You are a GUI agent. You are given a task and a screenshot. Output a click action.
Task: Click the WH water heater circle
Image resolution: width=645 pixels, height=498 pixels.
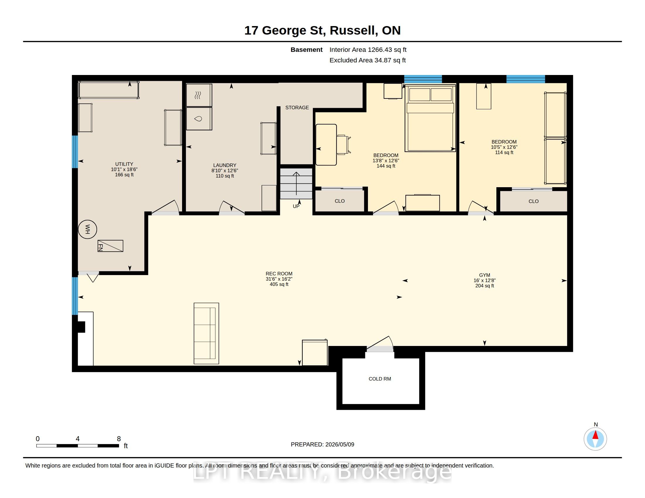tap(87, 229)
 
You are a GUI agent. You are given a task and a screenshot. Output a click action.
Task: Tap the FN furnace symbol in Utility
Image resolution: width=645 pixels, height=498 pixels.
tap(111, 246)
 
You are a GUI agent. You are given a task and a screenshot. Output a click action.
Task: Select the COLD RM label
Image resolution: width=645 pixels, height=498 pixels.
tap(380, 379)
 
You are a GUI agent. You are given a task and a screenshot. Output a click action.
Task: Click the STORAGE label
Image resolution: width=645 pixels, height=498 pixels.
tap(297, 108)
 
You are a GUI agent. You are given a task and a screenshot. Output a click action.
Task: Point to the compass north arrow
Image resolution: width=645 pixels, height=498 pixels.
tap(595, 435)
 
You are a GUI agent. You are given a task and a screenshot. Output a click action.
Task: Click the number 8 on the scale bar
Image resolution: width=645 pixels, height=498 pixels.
tap(119, 439)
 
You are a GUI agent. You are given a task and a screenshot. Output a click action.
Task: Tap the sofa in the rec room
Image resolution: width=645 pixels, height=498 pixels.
tap(206, 333)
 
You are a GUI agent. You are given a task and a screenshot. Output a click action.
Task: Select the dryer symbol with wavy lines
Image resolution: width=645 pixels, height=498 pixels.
tap(199, 95)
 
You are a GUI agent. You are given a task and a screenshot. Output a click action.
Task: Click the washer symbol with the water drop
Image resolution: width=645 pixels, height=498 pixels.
tap(199, 119)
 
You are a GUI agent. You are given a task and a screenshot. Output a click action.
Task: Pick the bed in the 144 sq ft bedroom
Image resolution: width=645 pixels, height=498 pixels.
tap(430, 118)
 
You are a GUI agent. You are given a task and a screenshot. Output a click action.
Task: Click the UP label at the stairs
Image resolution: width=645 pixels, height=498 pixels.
tap(296, 206)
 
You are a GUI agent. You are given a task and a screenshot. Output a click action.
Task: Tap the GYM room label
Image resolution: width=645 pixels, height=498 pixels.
tap(485, 275)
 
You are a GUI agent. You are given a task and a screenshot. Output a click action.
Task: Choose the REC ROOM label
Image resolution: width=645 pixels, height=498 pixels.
tap(279, 274)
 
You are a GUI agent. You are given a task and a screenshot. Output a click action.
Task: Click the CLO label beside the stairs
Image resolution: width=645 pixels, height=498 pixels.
tap(340, 201)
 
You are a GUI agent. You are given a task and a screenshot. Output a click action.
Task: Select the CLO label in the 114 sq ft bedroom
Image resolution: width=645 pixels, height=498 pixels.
tap(534, 201)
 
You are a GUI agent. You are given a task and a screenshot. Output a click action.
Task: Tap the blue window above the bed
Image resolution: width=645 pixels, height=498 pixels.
tap(423, 79)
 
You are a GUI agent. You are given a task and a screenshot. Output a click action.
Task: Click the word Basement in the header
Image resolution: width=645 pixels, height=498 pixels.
tap(306, 50)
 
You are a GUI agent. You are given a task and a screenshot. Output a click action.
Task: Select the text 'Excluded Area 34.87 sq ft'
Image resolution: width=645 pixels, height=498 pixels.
tap(368, 60)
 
